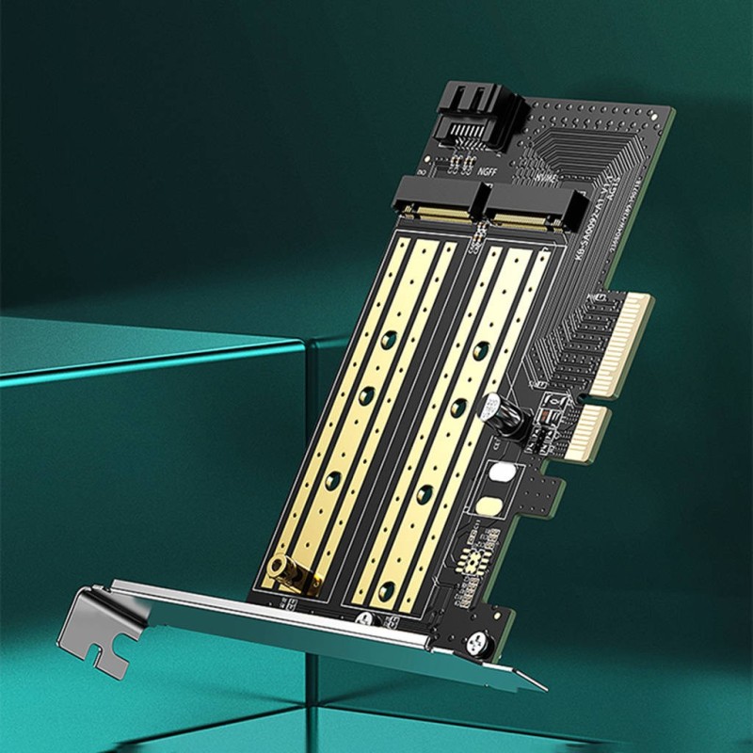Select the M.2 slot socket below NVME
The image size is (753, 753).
527,209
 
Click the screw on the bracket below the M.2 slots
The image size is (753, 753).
364,619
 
